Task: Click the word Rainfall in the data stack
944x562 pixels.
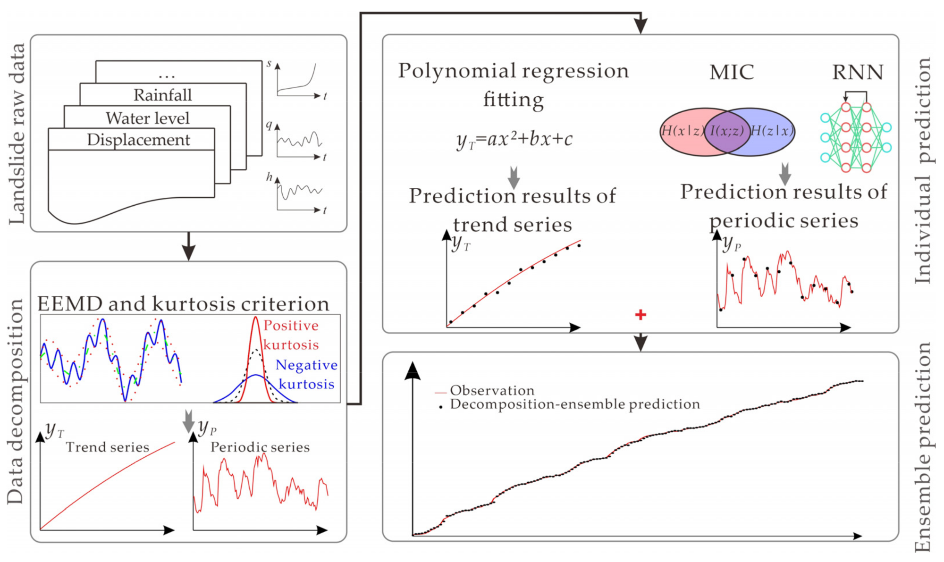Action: pos(162,95)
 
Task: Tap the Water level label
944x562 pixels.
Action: pos(147,118)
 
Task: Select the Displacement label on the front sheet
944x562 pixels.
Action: pos(138,140)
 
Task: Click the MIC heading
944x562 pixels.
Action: pos(731,72)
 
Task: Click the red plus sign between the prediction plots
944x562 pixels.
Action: pos(640,315)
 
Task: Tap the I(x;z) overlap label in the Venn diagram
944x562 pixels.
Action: pos(727,131)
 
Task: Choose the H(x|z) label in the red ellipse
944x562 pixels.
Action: pos(683,131)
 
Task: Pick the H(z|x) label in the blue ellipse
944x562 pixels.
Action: pos(772,131)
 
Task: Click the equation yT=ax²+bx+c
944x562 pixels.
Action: pos(514,140)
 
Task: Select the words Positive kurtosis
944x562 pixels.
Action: pos(291,335)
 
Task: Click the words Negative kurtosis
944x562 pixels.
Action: pos(306,374)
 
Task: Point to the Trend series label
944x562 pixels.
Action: pos(107,447)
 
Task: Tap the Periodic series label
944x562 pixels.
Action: pos(260,447)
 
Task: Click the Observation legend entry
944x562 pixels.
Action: pos(492,390)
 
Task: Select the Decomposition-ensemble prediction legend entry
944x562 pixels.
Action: pos(574,404)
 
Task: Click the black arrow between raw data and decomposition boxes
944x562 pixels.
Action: pos(188,246)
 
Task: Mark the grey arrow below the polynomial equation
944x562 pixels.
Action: pos(514,177)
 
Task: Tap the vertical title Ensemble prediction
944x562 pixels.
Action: pos(923,446)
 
